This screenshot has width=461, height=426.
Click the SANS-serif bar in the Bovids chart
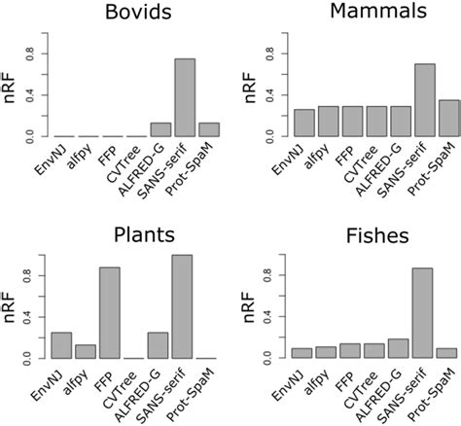coord(183,96)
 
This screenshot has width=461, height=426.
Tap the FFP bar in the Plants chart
coord(111,313)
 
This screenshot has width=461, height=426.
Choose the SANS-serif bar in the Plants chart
coord(183,306)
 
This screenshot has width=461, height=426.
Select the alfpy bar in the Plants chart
coord(87,351)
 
